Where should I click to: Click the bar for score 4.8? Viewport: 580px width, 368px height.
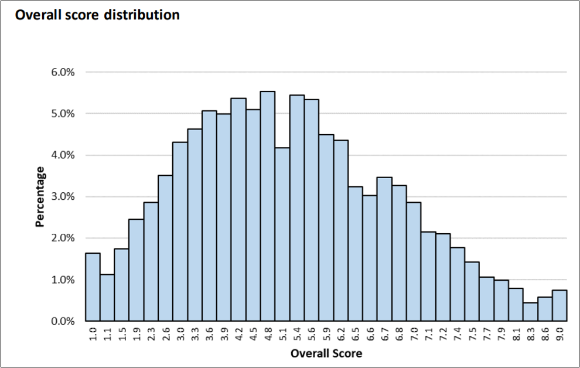point(268,206)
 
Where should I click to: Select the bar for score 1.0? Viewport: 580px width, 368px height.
point(93,287)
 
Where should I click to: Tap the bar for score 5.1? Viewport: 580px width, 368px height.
point(282,234)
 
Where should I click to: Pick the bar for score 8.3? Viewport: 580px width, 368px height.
point(530,312)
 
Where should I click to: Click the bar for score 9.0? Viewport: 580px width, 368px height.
point(559,305)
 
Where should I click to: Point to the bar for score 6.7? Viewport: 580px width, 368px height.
point(385,249)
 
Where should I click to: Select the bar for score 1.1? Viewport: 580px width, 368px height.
point(107,298)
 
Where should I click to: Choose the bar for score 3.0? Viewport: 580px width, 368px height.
point(180,231)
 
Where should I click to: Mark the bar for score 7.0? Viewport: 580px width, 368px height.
point(414,261)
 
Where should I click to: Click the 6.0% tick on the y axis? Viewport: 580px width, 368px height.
point(63,72)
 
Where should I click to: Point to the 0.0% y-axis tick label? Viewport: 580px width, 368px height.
point(63,321)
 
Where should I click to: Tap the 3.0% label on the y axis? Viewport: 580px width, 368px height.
point(63,196)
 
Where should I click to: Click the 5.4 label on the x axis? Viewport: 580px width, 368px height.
point(297,334)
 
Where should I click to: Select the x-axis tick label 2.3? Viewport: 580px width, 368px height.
point(151,334)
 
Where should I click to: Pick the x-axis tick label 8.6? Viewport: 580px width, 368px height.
point(545,334)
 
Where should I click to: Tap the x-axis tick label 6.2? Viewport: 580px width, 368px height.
point(340,334)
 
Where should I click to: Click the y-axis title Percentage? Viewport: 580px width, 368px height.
point(40,197)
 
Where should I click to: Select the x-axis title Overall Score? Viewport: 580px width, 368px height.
point(326,353)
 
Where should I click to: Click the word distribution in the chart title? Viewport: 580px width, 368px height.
point(142,15)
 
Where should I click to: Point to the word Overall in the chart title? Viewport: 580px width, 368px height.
point(39,15)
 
